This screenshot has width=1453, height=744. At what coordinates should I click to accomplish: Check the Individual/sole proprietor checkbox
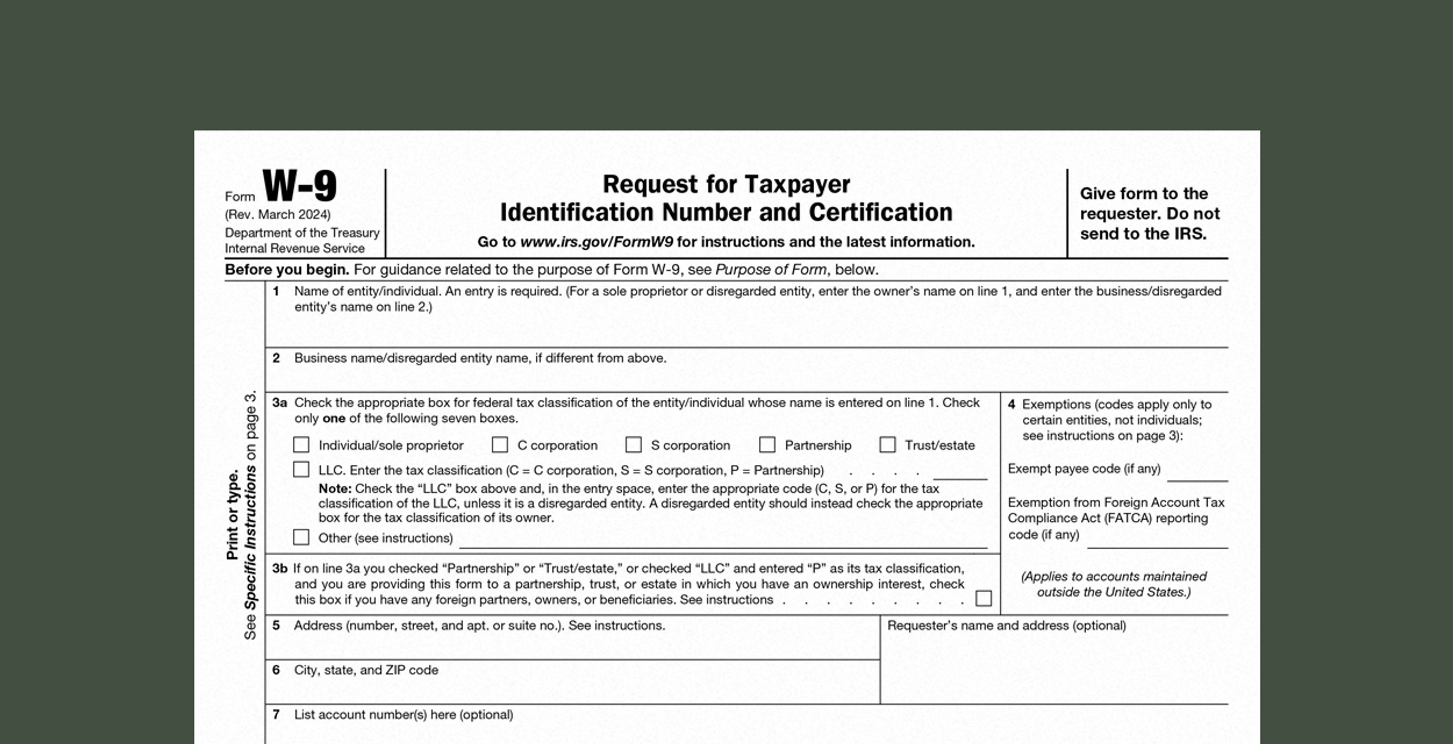click(x=301, y=445)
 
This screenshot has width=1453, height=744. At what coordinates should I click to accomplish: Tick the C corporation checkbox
click(x=500, y=445)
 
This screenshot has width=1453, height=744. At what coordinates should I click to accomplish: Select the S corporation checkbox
click(x=633, y=445)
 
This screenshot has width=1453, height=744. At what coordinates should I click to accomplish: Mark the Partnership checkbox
click(x=767, y=445)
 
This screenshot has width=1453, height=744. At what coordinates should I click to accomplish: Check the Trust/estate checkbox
click(x=887, y=445)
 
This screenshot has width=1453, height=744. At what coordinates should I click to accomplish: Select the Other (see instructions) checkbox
click(x=301, y=537)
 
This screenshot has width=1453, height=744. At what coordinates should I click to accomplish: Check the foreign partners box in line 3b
click(x=984, y=598)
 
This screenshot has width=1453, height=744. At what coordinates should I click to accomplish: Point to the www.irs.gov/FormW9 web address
click(x=596, y=242)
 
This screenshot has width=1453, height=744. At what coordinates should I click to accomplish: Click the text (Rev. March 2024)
click(x=277, y=214)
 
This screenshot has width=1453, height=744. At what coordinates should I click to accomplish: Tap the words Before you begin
click(x=286, y=269)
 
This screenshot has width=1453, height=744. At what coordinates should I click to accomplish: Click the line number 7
click(x=276, y=714)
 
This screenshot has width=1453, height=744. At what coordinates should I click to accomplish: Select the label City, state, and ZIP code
click(x=366, y=670)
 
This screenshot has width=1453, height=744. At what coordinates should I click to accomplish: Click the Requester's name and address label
click(x=1006, y=626)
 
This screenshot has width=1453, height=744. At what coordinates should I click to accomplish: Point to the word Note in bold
click(x=334, y=489)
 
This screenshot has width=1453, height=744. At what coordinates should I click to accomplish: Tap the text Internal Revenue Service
click(x=294, y=249)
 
